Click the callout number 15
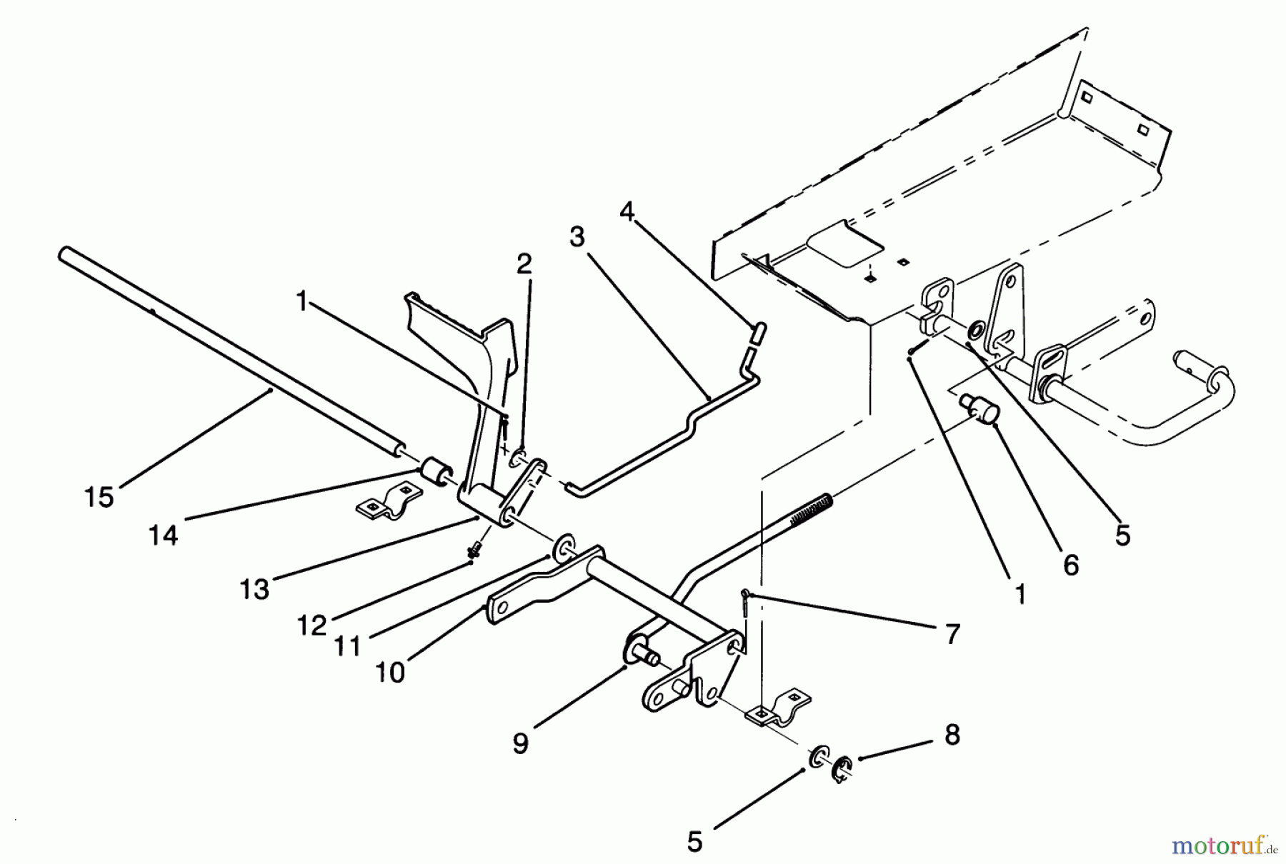(99, 498)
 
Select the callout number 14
(164, 534)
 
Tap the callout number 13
(254, 589)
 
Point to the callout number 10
(390, 672)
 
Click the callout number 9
(521, 743)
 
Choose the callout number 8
(952, 735)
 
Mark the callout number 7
(952, 634)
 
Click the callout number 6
(1070, 565)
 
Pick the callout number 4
(627, 211)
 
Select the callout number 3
(577, 236)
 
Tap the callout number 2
(524, 265)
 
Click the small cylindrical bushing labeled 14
(433, 473)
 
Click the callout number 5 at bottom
(694, 842)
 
